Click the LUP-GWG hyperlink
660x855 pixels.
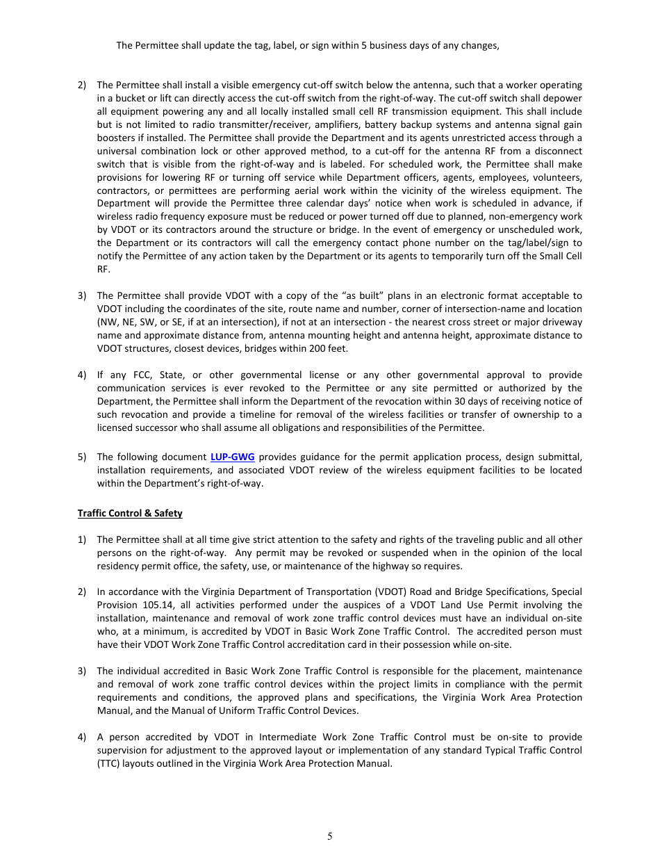point(232,457)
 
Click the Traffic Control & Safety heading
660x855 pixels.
point(130,513)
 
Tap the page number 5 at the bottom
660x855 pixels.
point(330,836)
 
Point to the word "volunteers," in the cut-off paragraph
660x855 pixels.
point(558,177)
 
